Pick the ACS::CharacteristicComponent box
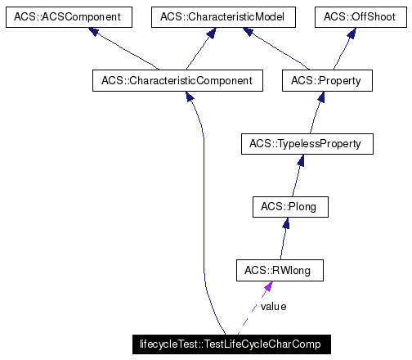click(x=177, y=80)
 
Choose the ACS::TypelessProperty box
click(x=307, y=144)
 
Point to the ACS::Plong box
click(x=290, y=208)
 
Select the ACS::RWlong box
click(x=279, y=270)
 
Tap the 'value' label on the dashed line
click(x=273, y=306)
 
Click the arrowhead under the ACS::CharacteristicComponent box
click(x=190, y=98)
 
